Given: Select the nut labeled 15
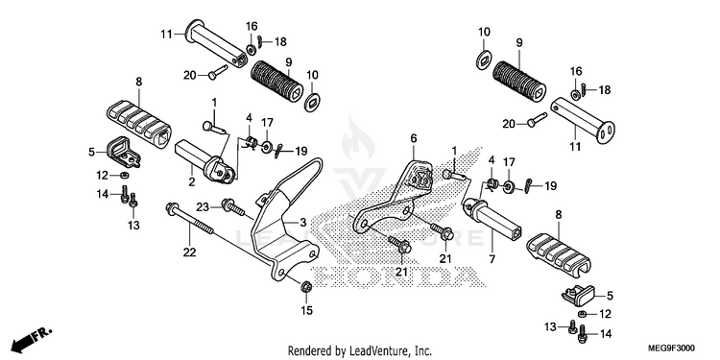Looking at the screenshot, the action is [x=305, y=287].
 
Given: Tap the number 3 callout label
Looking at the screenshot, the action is [x=303, y=223].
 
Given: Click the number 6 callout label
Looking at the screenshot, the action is [x=413, y=138].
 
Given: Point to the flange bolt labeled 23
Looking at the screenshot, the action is [x=233, y=206].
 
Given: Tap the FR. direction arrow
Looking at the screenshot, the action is [x=32, y=338].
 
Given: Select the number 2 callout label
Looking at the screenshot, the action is [x=191, y=181].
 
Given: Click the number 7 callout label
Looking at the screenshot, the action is [x=492, y=259].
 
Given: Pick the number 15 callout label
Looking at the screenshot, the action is [x=307, y=311].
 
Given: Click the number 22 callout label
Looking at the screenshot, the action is [x=190, y=252].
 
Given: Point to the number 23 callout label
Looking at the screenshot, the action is [x=203, y=207].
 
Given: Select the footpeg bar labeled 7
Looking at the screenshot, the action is [x=494, y=215].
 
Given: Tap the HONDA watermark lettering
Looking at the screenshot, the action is [x=396, y=277].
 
